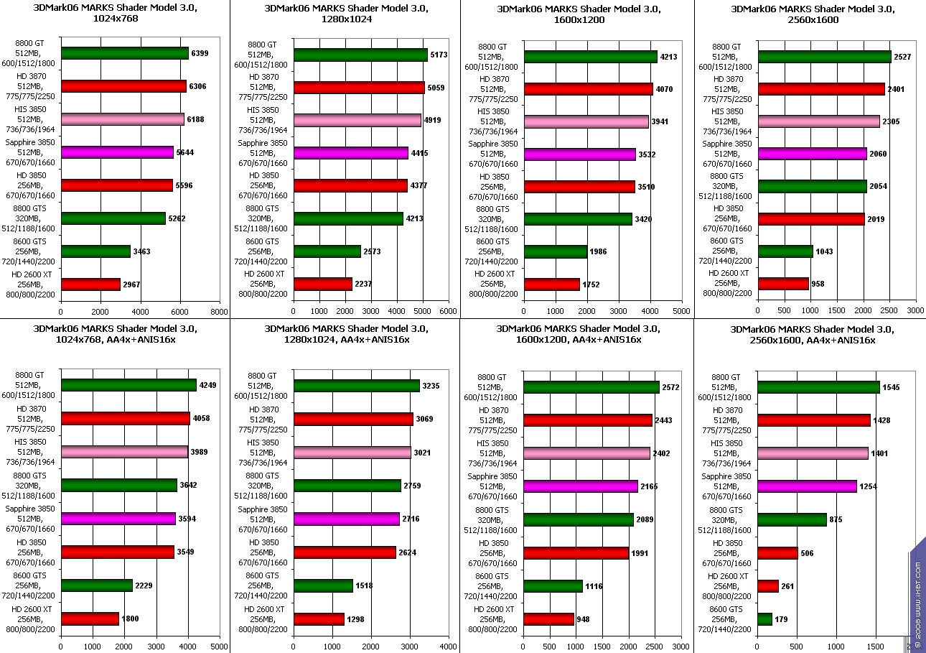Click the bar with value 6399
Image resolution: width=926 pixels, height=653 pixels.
tap(125, 53)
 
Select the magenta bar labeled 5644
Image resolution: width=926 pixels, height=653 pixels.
tap(117, 152)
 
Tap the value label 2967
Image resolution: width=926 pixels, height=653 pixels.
tap(131, 284)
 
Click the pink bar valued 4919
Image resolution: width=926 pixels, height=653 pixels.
tap(357, 120)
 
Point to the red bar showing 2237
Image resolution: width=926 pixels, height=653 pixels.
tap(322, 284)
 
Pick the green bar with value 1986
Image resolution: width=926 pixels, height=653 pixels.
tap(555, 251)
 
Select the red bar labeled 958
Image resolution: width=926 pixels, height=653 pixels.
tap(782, 284)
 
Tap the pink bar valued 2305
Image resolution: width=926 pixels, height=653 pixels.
tap(818, 121)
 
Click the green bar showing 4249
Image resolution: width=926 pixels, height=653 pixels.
tap(128, 385)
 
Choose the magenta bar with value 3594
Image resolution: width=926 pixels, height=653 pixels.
tap(118, 519)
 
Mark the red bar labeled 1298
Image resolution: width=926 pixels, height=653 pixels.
tap(319, 619)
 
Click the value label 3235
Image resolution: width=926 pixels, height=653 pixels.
tap(431, 386)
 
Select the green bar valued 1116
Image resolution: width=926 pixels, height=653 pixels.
tap(553, 586)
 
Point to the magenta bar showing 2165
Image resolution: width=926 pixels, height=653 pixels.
tap(580, 486)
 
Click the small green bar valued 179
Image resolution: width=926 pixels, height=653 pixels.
tap(764, 619)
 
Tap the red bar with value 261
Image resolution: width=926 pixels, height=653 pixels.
tap(767, 586)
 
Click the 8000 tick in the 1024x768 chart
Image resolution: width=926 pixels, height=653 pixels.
tap(220, 312)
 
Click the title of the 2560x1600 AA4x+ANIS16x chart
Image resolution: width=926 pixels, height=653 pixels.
tap(803, 335)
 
